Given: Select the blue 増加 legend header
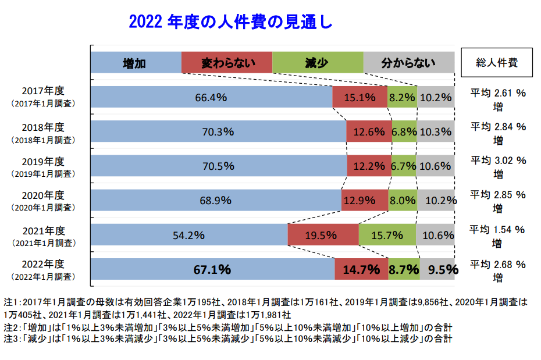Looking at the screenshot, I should point(136,63).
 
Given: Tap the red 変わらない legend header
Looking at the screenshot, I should point(227,63).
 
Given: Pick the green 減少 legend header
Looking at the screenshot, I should point(318,63).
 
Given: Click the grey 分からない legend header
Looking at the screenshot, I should point(408,63).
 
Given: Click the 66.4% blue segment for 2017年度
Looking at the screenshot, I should point(211,97).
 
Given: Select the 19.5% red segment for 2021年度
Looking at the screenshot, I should point(323,235).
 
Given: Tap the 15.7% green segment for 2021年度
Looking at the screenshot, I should point(387,235).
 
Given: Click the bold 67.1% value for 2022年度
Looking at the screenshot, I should point(212,269).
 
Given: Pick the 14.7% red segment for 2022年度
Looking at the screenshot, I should point(361,269).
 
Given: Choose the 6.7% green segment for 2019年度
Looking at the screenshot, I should point(404,166).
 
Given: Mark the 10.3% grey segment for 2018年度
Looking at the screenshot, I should point(436,131).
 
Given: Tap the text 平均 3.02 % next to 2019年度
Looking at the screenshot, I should point(498,160).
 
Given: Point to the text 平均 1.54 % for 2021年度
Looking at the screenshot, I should point(498,229).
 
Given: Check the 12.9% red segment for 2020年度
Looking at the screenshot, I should point(359,200).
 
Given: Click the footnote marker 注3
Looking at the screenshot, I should point(12,338).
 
